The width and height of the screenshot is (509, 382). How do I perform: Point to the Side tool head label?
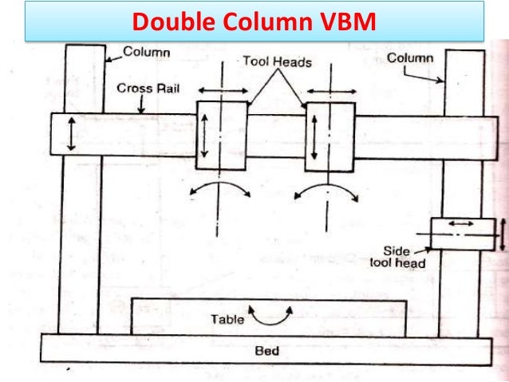coord(401,256)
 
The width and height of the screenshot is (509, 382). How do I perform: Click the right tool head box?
coord(329,136)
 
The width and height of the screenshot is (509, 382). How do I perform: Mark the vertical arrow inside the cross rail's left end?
coord(72,133)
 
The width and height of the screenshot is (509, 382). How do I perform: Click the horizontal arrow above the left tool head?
coord(216,89)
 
